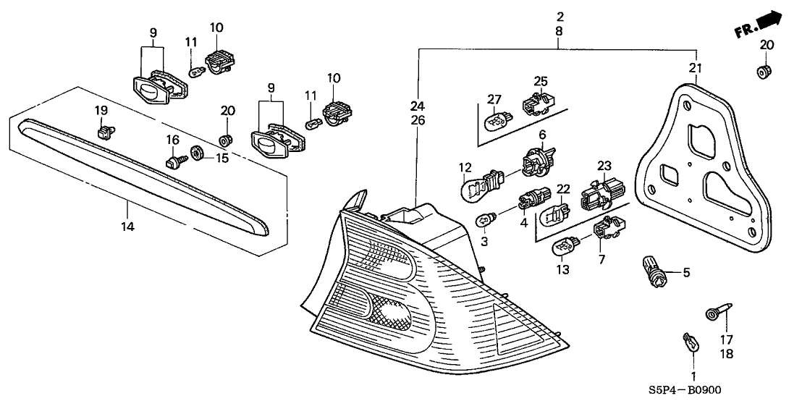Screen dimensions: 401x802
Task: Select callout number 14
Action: (x=128, y=227)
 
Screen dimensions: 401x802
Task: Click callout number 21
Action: (x=696, y=68)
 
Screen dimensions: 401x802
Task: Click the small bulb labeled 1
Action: (x=689, y=342)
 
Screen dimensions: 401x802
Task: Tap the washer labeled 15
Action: (x=195, y=153)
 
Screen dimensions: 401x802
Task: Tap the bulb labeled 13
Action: (x=565, y=248)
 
